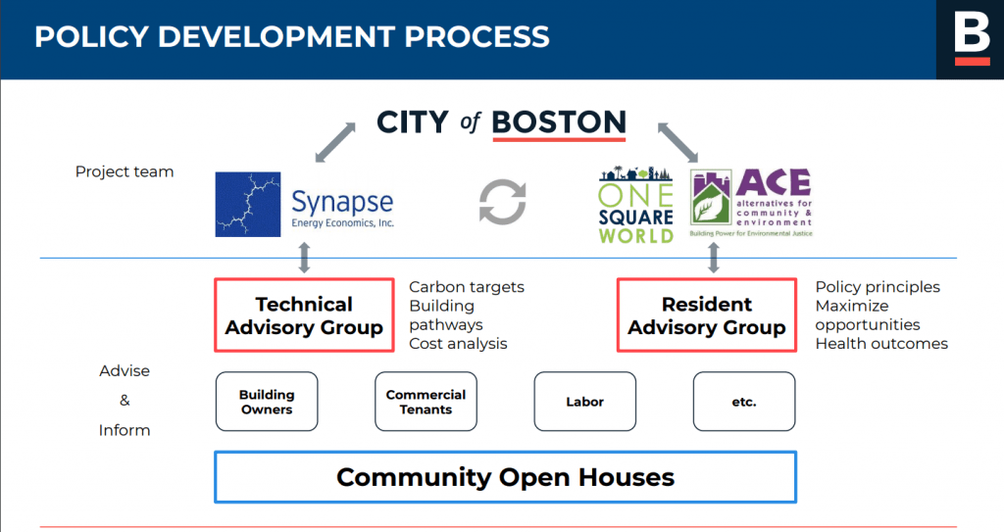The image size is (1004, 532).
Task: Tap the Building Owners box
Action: pyautogui.click(x=267, y=402)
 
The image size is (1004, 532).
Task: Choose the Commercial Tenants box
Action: pyautogui.click(x=426, y=402)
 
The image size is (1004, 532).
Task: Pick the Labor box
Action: pyautogui.click(x=585, y=402)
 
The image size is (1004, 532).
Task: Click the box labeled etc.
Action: pyautogui.click(x=744, y=402)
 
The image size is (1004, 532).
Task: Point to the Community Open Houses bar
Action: pyautogui.click(x=505, y=477)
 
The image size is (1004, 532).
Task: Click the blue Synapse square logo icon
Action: pyautogui.click(x=248, y=204)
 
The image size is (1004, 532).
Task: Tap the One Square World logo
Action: pyautogui.click(x=635, y=204)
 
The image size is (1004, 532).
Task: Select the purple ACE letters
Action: pyautogui.click(x=774, y=182)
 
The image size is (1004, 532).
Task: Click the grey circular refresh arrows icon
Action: pyautogui.click(x=503, y=202)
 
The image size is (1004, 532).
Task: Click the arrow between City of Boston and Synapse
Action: pyautogui.click(x=335, y=142)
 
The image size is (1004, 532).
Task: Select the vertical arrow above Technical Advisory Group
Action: pyautogui.click(x=304, y=258)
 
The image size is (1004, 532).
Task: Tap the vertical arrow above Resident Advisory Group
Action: pyautogui.click(x=714, y=258)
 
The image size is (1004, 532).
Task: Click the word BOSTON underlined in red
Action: pyautogui.click(x=559, y=121)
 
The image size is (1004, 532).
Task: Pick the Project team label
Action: pyautogui.click(x=125, y=171)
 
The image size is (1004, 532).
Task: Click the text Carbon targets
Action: pyautogui.click(x=467, y=287)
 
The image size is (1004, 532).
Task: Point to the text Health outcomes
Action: pyautogui.click(x=881, y=343)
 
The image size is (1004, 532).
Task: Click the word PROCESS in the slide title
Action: pyautogui.click(x=477, y=36)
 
